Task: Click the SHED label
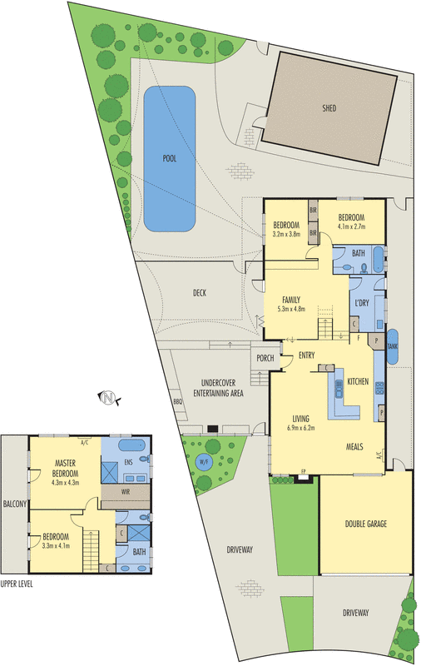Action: (329, 108)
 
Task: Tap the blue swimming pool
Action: (170, 158)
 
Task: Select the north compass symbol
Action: (107, 398)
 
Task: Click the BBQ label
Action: (177, 401)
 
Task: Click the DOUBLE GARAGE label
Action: (366, 524)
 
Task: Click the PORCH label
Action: (265, 359)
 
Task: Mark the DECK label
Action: (199, 292)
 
